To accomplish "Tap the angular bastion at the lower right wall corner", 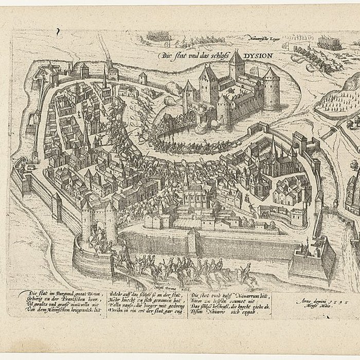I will click(304, 264).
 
